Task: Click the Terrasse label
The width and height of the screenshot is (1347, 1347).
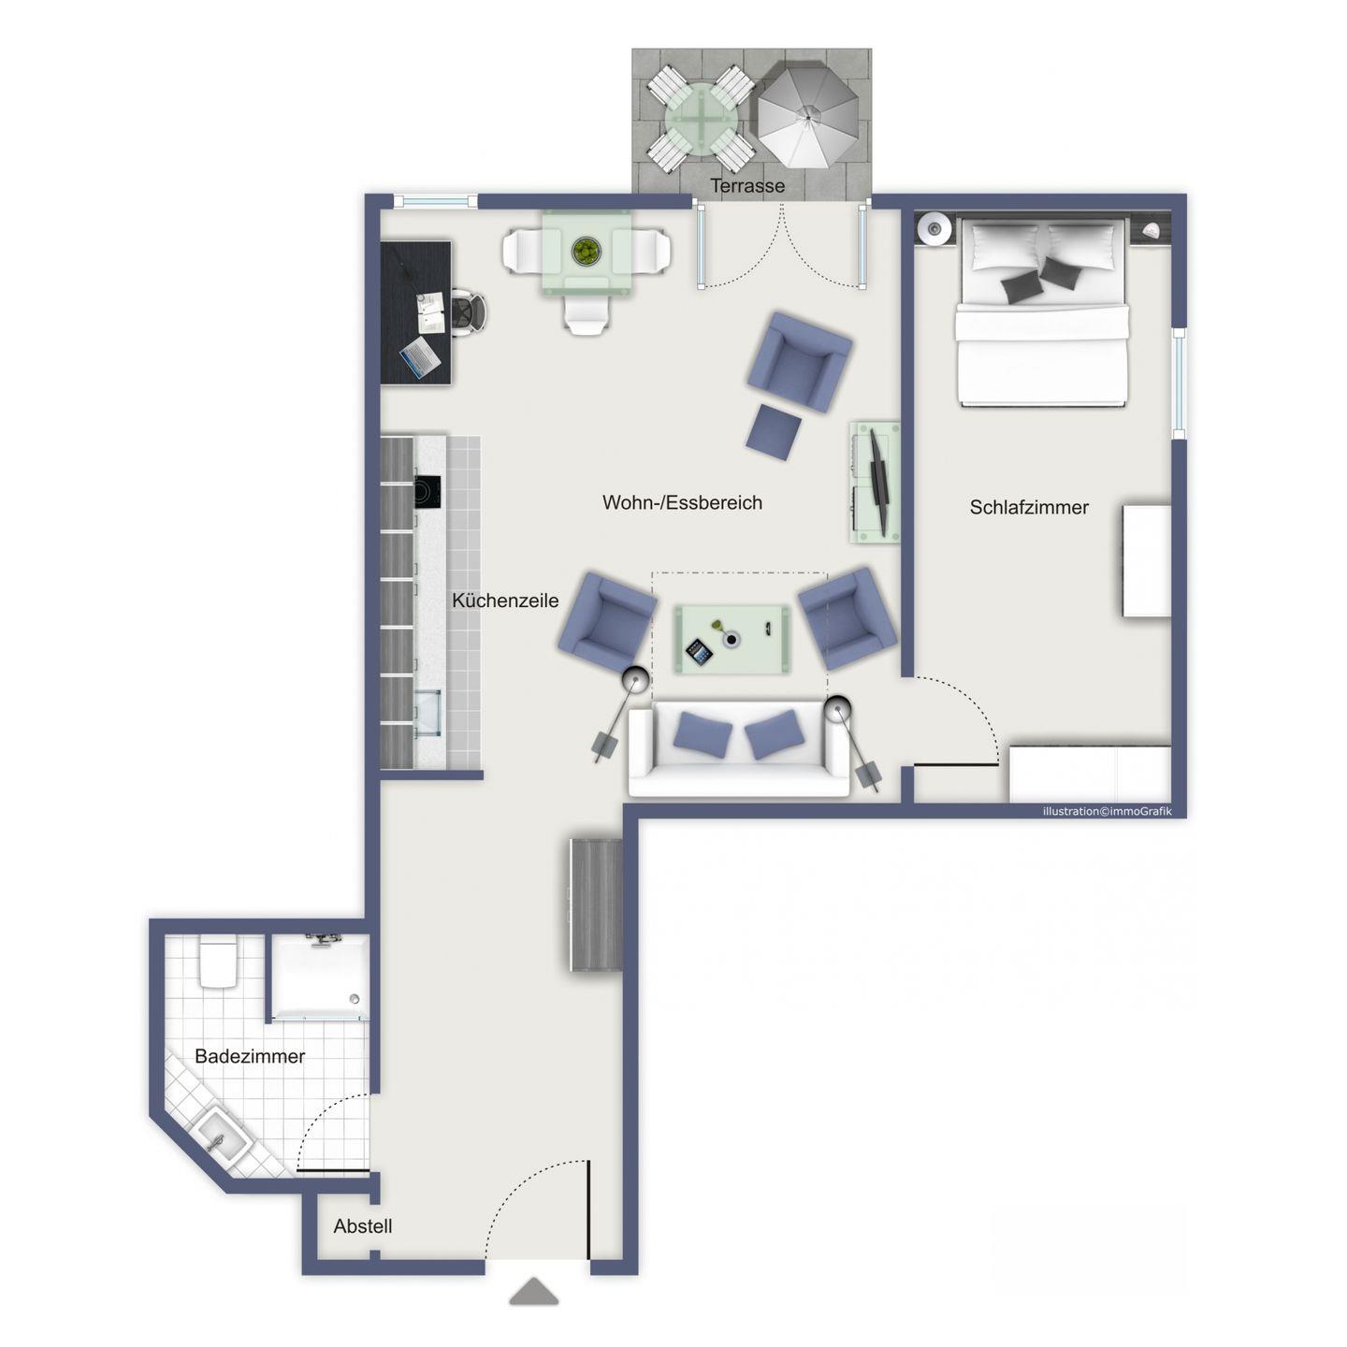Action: pos(746,186)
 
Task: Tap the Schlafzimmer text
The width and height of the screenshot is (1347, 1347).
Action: pos(1028,508)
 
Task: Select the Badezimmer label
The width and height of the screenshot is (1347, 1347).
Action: pos(250,1055)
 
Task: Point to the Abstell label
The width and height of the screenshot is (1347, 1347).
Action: pos(362,1225)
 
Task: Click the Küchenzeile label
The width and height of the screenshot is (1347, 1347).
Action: pos(505,601)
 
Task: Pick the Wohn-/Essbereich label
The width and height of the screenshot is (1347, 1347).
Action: pos(682,502)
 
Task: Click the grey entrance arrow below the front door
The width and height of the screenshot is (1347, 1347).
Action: pos(533,1291)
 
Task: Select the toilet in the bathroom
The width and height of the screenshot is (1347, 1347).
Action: pos(219,962)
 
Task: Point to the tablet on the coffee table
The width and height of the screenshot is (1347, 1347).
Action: pos(699,654)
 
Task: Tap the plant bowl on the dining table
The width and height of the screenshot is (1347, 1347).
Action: pos(586,251)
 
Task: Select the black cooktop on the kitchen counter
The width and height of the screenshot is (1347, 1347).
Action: pos(427,492)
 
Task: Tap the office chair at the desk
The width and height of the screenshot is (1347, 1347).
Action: pos(467,313)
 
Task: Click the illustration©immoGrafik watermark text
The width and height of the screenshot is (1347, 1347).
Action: pos(1108,811)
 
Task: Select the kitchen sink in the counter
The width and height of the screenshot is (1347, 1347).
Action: pos(427,713)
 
